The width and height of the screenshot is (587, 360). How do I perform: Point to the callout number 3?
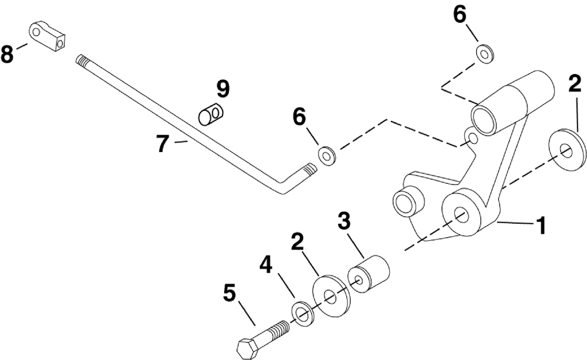(x=344, y=222)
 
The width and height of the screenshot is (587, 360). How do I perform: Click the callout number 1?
(x=541, y=224)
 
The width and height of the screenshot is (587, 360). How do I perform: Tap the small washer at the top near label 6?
(x=485, y=54)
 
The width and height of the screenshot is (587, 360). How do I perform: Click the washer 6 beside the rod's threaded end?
(x=326, y=156)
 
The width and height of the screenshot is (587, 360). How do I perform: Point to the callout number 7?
(x=163, y=143)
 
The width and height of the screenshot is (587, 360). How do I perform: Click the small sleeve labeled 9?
(x=210, y=114)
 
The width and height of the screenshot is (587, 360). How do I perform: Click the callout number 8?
(x=7, y=55)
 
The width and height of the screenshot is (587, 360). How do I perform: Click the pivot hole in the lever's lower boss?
(x=460, y=214)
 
